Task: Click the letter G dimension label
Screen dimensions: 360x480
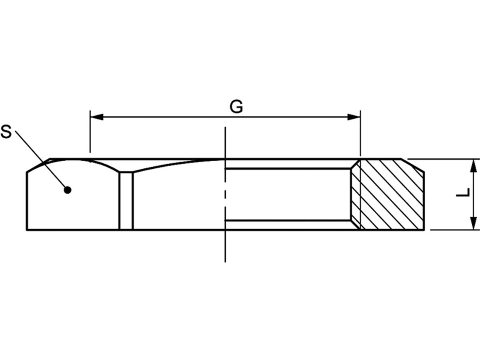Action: (x=236, y=107)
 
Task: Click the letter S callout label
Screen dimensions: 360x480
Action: (x=7, y=132)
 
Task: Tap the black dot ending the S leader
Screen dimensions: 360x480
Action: (x=68, y=190)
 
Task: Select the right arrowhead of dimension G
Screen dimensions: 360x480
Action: (x=354, y=117)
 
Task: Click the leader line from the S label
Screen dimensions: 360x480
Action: (x=40, y=160)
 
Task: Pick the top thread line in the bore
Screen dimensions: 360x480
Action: (x=288, y=169)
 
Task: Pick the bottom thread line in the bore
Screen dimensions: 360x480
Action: (x=288, y=220)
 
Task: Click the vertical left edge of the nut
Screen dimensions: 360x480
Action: (x=27, y=200)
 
